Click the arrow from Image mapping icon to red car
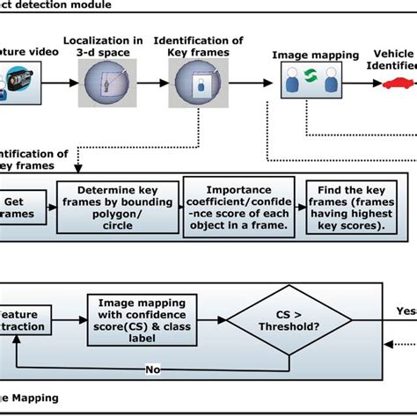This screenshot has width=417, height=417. pos(361,84)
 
